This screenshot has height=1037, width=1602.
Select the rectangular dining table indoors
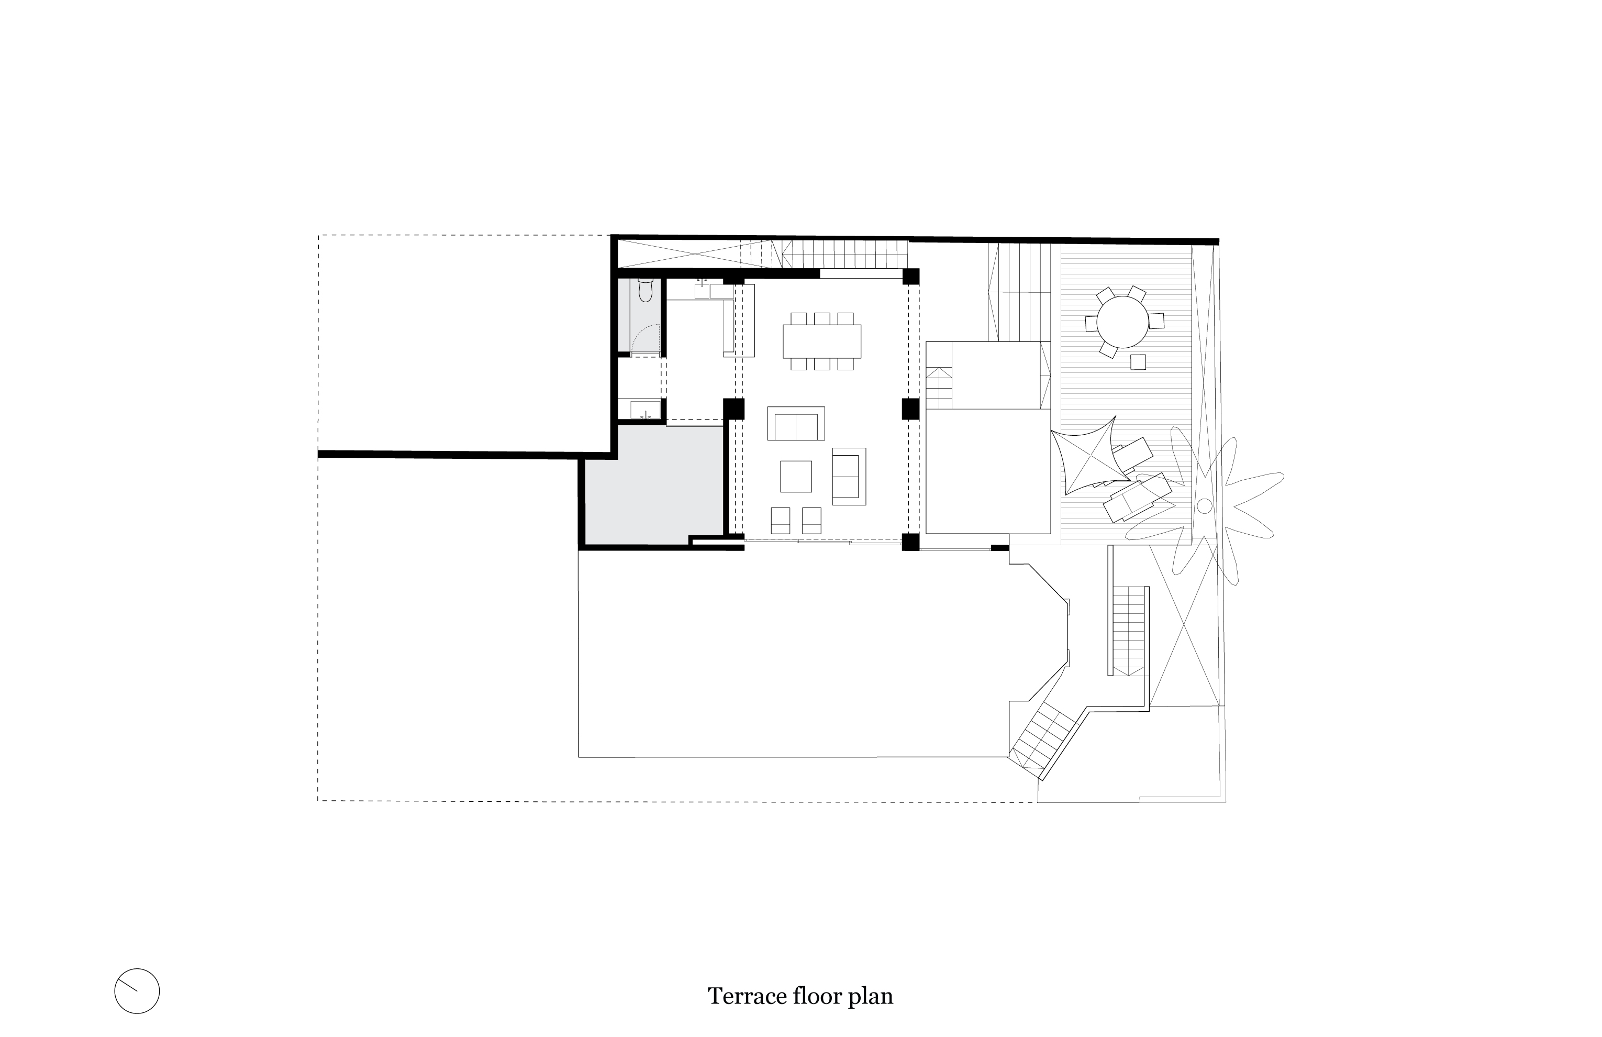822,341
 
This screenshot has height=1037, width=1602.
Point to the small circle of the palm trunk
1205,506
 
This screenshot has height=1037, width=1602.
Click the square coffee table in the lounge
796,476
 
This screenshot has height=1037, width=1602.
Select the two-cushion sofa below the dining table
796,424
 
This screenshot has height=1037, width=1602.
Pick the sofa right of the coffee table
849,476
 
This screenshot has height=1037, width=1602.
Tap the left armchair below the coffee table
780,521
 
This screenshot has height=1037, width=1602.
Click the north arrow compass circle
137,991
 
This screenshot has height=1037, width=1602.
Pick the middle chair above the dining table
822,318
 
